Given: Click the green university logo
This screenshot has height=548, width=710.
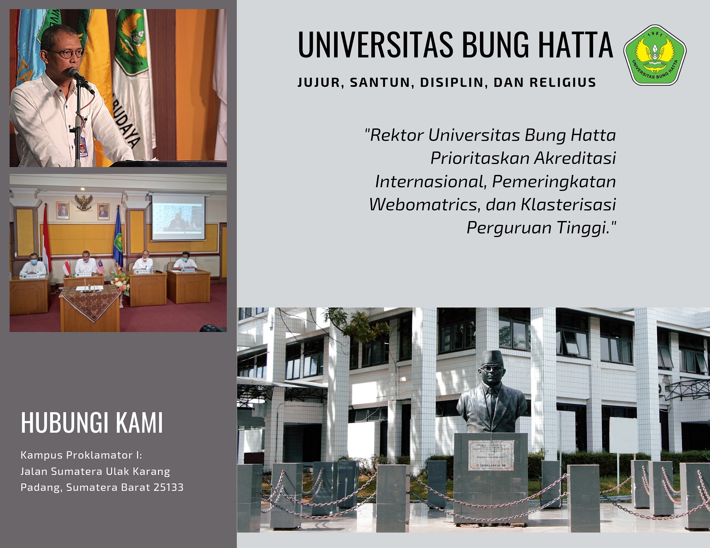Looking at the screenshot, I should point(655,55).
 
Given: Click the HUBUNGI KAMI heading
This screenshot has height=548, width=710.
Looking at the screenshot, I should point(92,422).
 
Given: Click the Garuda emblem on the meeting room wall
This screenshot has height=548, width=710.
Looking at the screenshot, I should point(84,202).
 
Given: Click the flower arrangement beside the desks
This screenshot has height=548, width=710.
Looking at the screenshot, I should point(119,280).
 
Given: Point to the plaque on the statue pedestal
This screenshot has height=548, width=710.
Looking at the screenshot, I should point(491,455).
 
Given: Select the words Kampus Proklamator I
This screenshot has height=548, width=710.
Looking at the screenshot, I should point(81,455).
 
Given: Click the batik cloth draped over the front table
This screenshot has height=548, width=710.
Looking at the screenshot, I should point(91,301).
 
